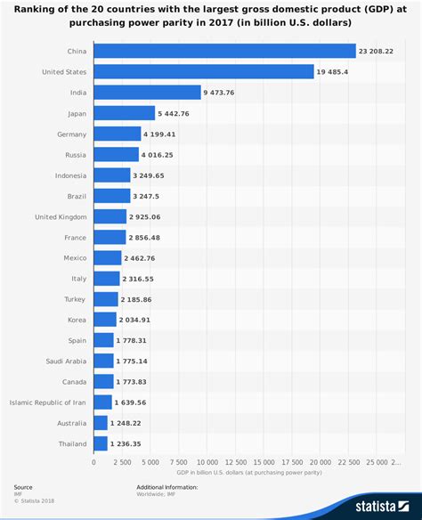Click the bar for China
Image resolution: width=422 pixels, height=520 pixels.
[224, 52]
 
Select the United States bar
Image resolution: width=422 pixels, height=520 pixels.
[203, 72]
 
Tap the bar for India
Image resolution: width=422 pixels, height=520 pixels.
[147, 93]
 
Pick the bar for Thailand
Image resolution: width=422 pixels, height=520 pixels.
[100, 443]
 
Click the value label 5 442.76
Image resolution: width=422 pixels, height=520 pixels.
[174, 113]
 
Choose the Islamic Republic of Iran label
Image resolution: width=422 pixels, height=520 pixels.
[48, 402]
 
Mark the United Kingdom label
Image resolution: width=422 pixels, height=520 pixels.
[61, 216]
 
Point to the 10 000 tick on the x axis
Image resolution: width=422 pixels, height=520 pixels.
[207, 462]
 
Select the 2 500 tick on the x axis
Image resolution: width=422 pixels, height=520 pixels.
[121, 462]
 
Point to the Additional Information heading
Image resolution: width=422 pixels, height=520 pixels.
[166, 487]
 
